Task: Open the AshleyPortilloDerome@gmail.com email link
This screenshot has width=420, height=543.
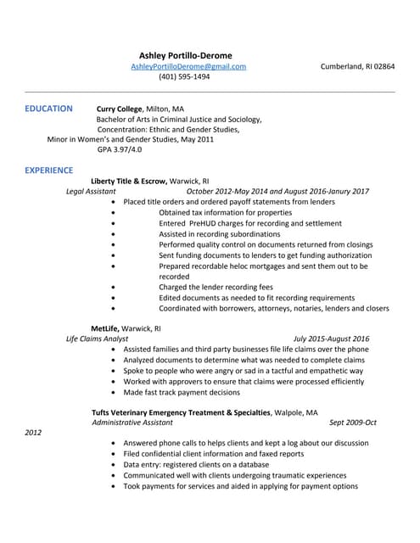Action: pos(188,66)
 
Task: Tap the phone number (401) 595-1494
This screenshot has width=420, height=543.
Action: pos(184,76)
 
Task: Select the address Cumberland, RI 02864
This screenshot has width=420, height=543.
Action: pos(357,66)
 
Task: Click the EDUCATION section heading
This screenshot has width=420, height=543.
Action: pos(48,109)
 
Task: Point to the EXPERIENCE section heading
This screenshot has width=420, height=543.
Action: pos(48,171)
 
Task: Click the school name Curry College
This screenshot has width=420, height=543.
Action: pos(120,109)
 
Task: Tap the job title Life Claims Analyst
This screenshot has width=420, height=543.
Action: pos(98,339)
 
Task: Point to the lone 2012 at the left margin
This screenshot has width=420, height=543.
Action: pos(33,433)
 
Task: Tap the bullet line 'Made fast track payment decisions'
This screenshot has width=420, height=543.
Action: pos(182,392)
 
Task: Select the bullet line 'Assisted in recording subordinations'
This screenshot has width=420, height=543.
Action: pos(220,234)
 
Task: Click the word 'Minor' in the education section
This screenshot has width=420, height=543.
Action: pos(57,139)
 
